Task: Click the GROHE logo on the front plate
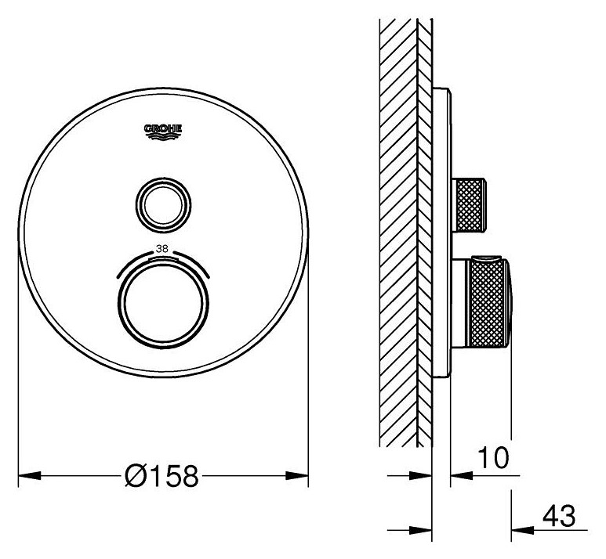click(x=163, y=132)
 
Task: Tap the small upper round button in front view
click(x=163, y=206)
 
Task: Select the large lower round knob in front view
click(x=163, y=302)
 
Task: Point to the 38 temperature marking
click(x=162, y=249)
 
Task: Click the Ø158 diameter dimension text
click(x=161, y=475)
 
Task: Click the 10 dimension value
click(x=494, y=457)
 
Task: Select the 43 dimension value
click(x=559, y=516)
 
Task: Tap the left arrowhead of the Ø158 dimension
click(x=29, y=475)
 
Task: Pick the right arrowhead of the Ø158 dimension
click(x=297, y=475)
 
